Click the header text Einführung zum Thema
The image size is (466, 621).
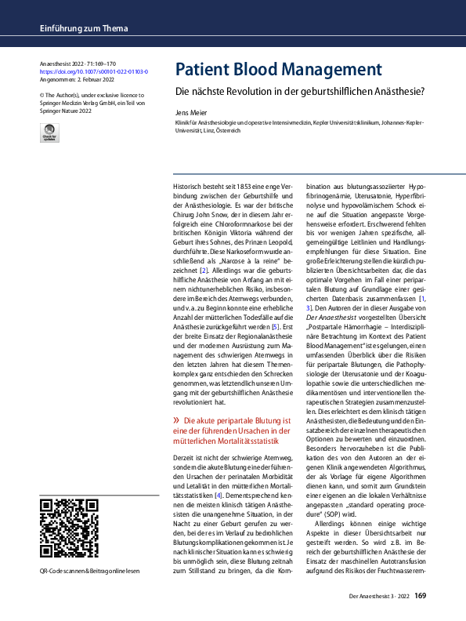pyautogui.click(x=81, y=29)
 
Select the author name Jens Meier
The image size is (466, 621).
pyautogui.click(x=190, y=113)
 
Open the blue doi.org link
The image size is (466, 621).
pyautogui.click(x=93, y=71)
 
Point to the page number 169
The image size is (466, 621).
pyautogui.click(x=420, y=596)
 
